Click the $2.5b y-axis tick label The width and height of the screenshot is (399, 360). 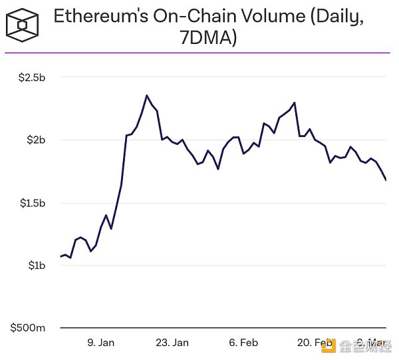[x=31, y=78]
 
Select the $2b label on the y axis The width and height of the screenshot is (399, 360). [x=35, y=140]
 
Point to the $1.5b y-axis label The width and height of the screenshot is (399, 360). [x=31, y=203]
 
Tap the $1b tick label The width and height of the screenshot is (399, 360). [x=35, y=266]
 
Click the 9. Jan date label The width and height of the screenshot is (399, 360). [x=101, y=343]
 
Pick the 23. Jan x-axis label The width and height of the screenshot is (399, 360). [x=172, y=343]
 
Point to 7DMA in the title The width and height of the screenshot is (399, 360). [x=208, y=39]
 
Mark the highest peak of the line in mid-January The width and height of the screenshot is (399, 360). [x=146, y=95]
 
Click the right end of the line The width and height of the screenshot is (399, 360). [x=386, y=180]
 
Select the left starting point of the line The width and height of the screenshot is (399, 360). [x=61, y=257]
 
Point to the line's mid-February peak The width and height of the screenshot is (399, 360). [x=294, y=102]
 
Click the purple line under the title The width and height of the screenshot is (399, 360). [x=199, y=53]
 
